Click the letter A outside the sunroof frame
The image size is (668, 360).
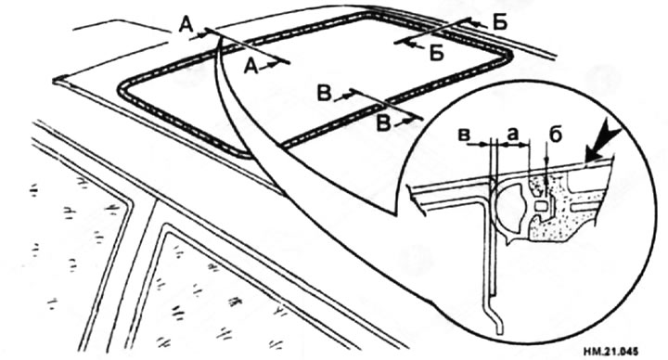tap(186, 26)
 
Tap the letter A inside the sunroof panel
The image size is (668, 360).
tap(251, 67)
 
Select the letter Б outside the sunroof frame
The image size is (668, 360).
tap(500, 23)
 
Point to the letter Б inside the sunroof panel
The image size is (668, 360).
tap(437, 54)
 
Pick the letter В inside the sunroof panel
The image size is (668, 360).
tap(325, 94)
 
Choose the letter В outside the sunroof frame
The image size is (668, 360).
tap(384, 123)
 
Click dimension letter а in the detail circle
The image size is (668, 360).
tap(513, 134)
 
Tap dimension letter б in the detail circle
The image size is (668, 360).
tap(555, 135)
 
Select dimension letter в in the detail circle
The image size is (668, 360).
tap(464, 135)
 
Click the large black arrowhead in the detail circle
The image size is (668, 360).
tap(600, 147)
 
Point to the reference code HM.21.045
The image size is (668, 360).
tap(610, 352)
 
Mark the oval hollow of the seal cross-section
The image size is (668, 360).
tap(511, 201)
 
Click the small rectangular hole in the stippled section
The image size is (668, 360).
tap(540, 207)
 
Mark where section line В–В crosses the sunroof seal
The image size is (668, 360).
tap(386, 103)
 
